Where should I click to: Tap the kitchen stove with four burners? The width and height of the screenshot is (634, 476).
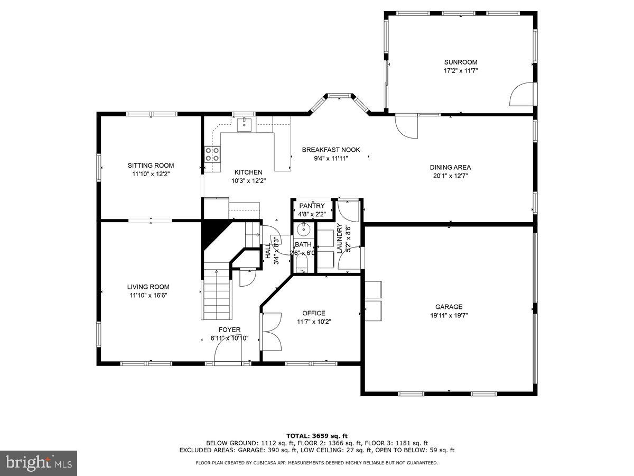(x=212, y=154)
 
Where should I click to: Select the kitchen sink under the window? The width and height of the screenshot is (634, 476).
(x=244, y=125)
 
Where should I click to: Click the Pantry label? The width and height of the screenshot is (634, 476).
(x=312, y=206)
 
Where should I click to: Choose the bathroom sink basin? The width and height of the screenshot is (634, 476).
(x=303, y=230)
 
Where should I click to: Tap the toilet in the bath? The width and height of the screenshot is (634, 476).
(x=301, y=264)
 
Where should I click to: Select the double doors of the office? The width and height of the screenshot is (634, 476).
(x=271, y=331)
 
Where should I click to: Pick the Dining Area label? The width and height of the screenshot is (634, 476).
(x=450, y=168)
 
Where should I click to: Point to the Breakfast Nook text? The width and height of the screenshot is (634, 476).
(x=331, y=150)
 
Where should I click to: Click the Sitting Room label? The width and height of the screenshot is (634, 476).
(x=151, y=166)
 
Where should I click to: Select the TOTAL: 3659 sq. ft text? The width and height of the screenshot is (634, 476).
(x=316, y=436)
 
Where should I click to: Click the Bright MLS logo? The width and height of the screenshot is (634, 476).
(x=39, y=463)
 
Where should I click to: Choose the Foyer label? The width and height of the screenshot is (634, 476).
(x=229, y=329)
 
